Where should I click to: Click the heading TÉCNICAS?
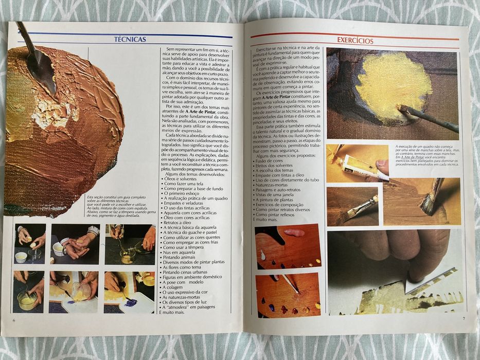[130, 39]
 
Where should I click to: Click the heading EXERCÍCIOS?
[355, 40]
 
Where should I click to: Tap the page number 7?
[463, 318]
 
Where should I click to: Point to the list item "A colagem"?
[177, 287]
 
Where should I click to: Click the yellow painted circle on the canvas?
[394, 86]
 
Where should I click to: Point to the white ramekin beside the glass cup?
[21, 257]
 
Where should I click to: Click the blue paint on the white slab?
[130, 303]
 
